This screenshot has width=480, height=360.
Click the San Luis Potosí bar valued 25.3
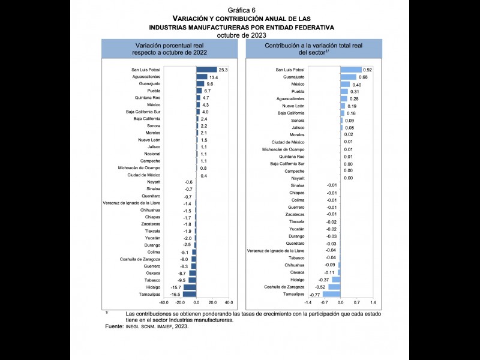point(206,70)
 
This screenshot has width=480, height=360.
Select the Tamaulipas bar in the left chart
point(190,295)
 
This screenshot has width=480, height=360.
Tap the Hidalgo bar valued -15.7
point(190,287)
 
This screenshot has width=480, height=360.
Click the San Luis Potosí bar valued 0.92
point(351,70)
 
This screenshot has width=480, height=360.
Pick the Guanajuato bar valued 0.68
point(348,77)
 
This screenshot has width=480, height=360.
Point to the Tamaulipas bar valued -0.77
point(331,295)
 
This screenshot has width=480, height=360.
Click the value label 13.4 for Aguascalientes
point(213,77)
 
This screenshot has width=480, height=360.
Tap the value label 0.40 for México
point(356,84)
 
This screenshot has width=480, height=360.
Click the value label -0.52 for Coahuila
point(318,287)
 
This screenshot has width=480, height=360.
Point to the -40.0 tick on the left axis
point(164,303)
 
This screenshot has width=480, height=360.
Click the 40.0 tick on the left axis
point(229,303)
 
